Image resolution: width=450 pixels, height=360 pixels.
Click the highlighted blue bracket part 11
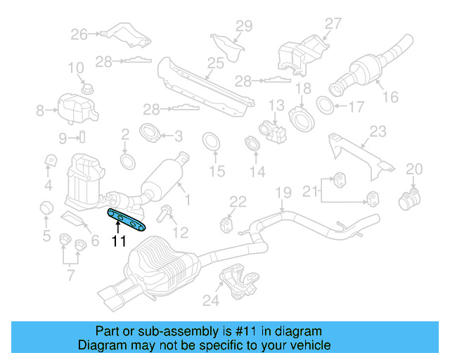tap(127, 219)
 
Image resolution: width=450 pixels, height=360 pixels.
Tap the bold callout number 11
tap(118, 241)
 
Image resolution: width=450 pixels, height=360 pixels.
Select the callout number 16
tap(390, 98)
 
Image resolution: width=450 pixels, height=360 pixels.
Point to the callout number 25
tap(215, 63)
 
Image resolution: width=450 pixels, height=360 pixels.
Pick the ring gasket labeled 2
tap(128, 161)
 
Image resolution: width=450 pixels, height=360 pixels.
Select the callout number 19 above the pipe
tap(283, 192)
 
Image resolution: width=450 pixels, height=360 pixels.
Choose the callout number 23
tap(378, 131)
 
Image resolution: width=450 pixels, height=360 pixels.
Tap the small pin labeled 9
tap(81, 136)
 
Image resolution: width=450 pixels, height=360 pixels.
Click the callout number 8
tap(40, 109)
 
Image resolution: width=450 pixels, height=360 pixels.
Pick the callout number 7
tap(70, 274)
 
